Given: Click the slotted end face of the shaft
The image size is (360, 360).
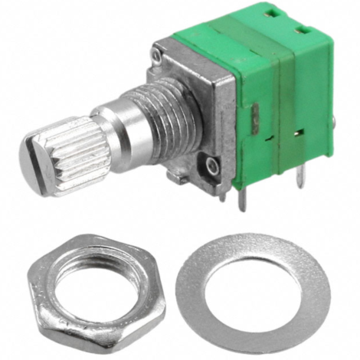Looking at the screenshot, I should pos(34,154).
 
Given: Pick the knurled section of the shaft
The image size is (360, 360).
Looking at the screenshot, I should pos(73,146).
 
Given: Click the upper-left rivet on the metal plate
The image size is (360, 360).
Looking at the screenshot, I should pos(157,55).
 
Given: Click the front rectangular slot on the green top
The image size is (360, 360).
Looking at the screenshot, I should pos(302,31).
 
